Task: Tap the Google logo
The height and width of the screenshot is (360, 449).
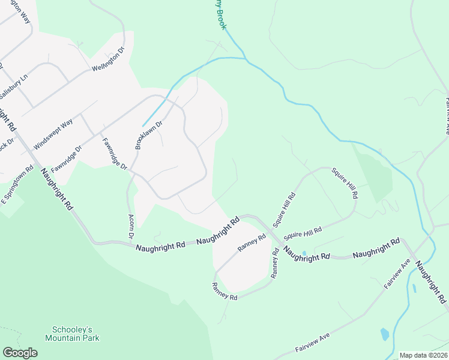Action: click(20, 353)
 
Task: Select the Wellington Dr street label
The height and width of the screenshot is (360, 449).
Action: click(107, 59)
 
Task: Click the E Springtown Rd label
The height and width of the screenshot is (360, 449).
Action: click(17, 184)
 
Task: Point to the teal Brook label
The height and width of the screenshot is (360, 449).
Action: click(217, 12)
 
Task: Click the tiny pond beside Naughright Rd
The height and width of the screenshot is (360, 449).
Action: click(304, 253)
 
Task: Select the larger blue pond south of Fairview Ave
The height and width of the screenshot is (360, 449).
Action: click(384, 334)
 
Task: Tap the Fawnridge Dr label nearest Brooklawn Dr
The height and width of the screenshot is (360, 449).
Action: click(114, 154)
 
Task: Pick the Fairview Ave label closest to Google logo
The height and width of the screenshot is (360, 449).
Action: click(313, 345)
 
